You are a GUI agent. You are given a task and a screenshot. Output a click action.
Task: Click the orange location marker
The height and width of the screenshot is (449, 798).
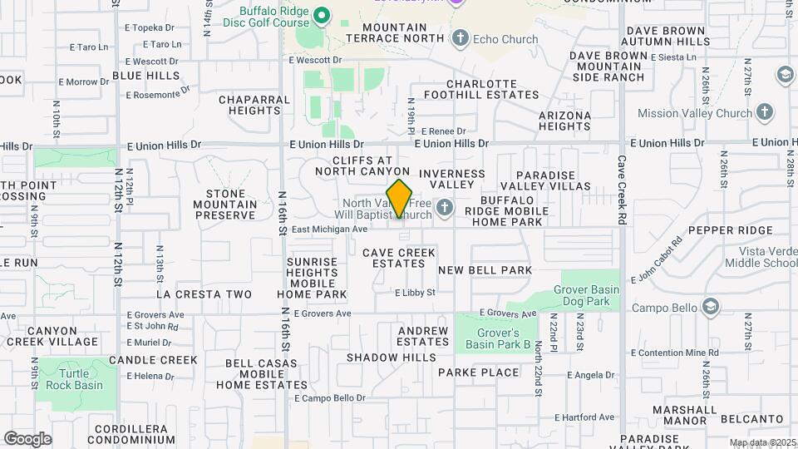point(400,199)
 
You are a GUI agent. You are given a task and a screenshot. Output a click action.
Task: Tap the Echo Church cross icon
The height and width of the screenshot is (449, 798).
point(461,38)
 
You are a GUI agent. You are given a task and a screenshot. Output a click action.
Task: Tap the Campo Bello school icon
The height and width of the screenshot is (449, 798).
point(710,308)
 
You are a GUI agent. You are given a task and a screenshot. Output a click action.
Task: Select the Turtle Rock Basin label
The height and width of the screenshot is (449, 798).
point(76,379)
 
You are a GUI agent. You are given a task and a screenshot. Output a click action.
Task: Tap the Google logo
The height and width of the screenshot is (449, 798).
point(27,439)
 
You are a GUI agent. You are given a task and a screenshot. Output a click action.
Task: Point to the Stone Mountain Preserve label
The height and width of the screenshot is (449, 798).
point(224,205)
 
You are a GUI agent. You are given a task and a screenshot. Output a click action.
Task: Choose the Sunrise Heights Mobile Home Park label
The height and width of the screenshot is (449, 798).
point(312,278)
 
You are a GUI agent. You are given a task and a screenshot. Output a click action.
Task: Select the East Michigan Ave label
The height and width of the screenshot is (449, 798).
point(329,229)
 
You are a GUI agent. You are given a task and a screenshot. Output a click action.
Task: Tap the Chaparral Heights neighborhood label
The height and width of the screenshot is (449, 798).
point(254,105)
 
